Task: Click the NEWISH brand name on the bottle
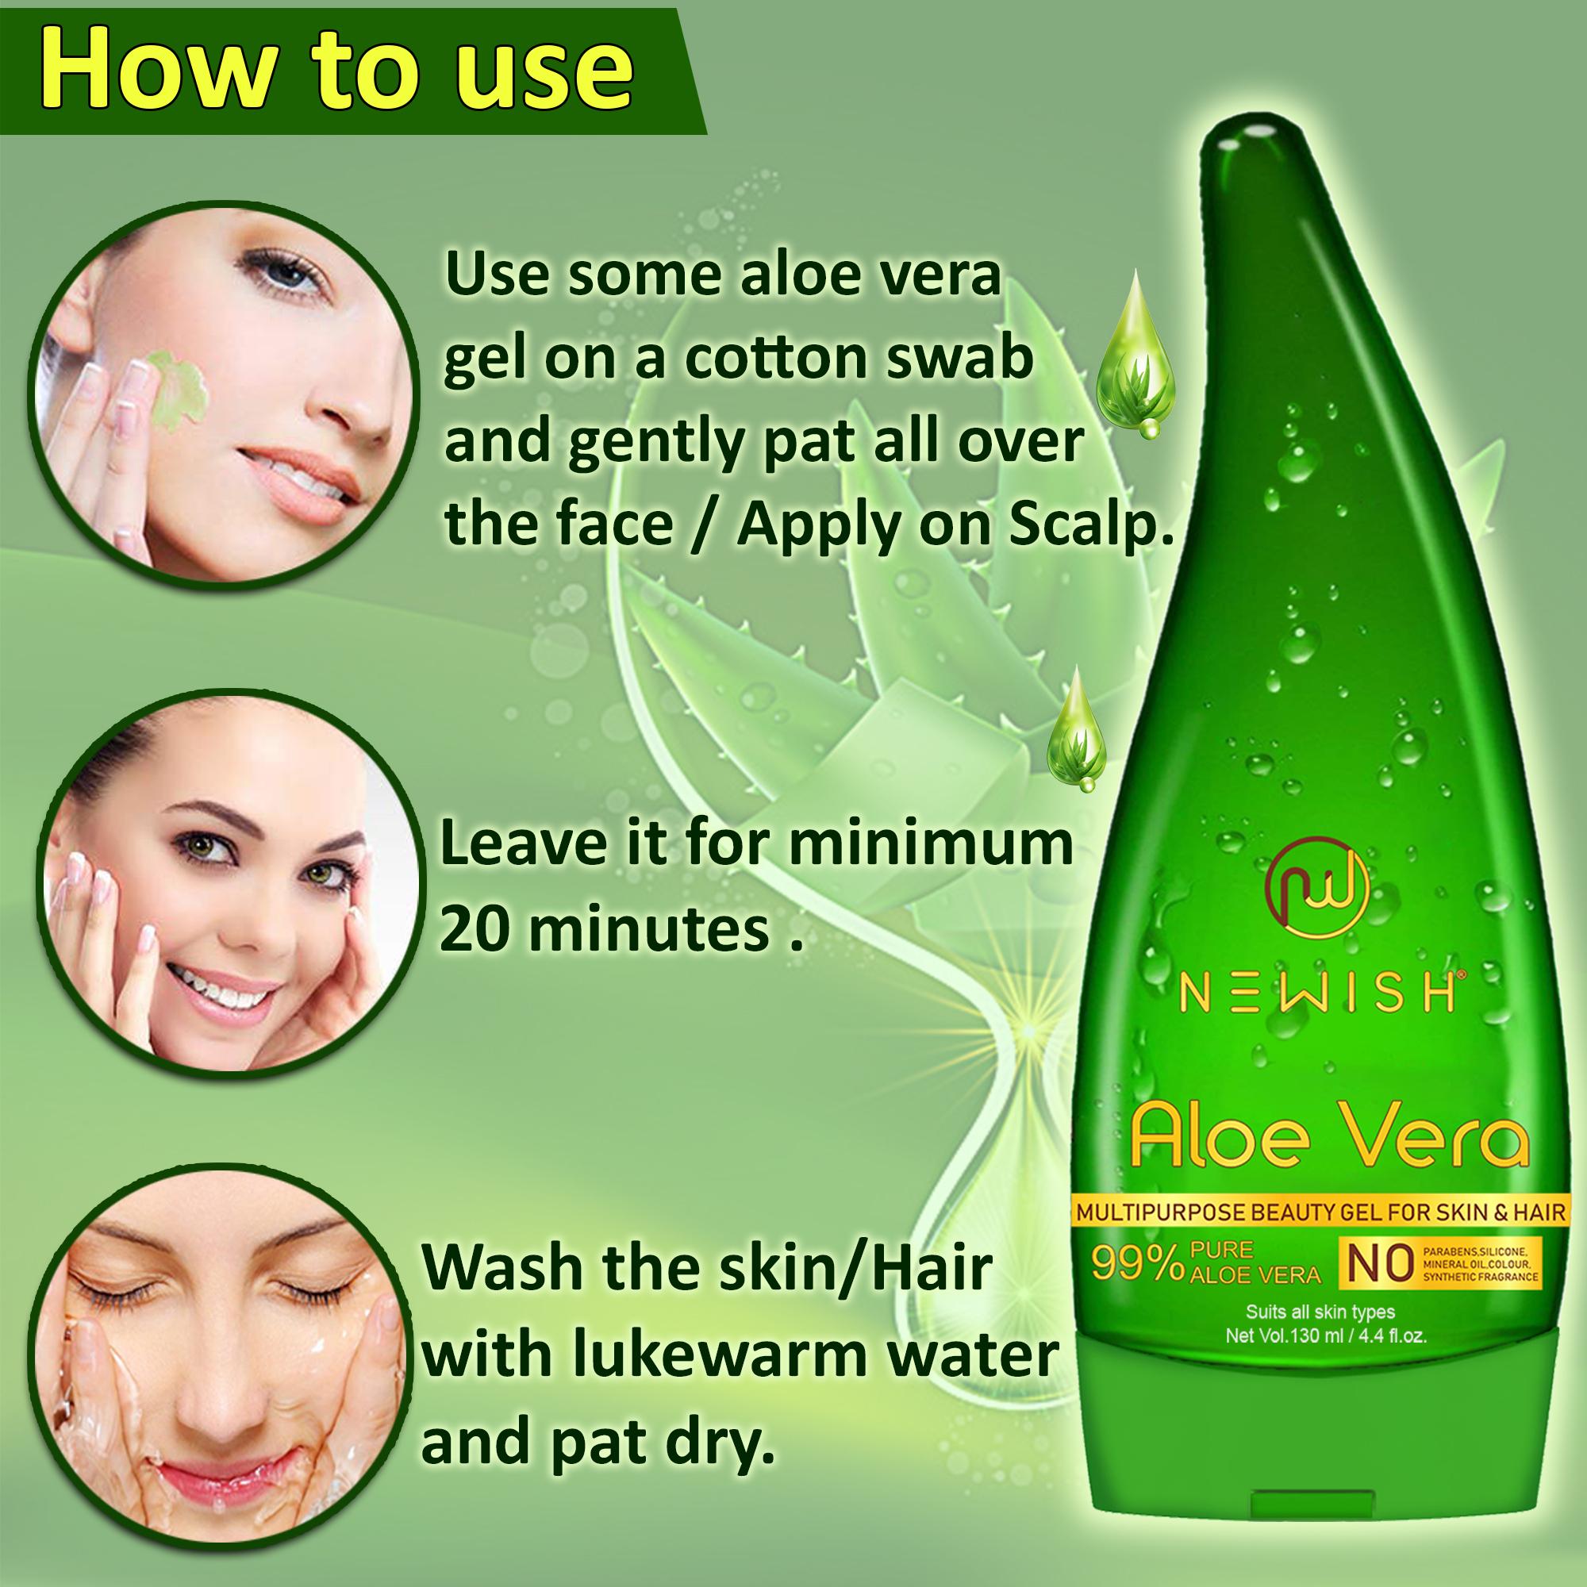[1317, 994]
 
